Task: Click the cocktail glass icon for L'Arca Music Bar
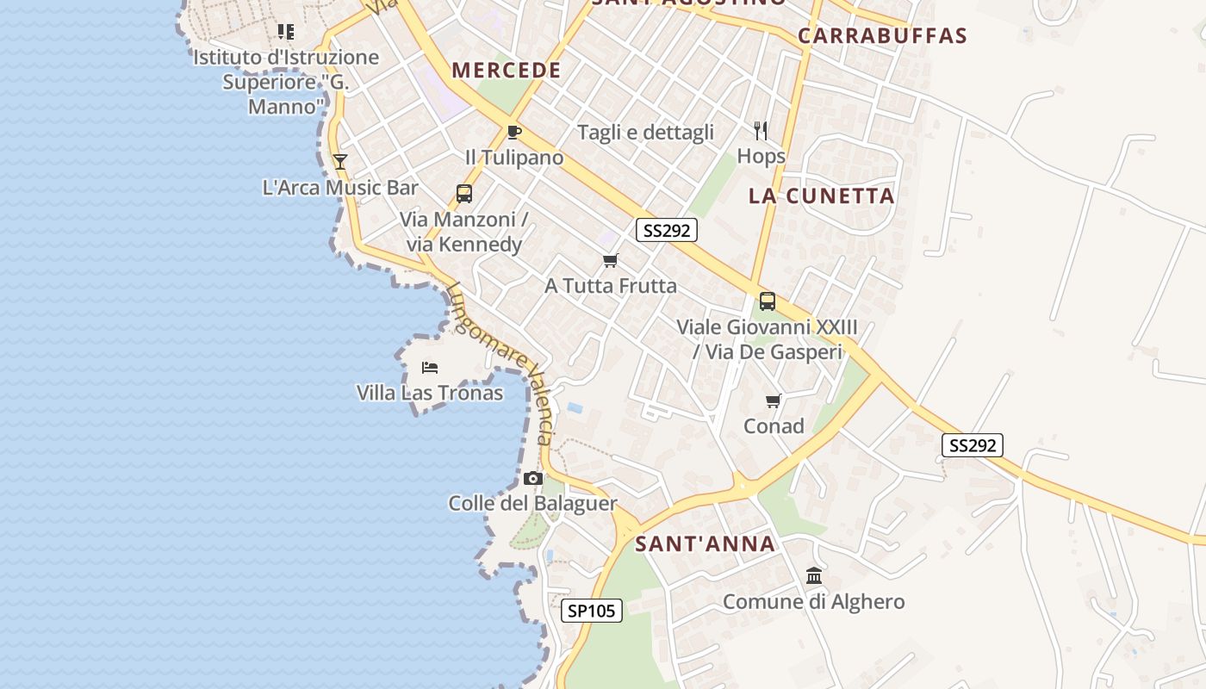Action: click(x=340, y=161)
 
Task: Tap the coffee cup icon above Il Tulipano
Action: click(x=514, y=132)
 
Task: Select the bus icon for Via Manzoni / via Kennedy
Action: click(x=464, y=194)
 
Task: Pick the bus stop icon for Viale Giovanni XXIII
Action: click(x=767, y=301)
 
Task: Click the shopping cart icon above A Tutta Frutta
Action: click(x=611, y=260)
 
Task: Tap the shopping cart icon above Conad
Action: click(x=774, y=400)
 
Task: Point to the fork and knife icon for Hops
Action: click(x=761, y=131)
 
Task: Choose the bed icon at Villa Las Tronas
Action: click(x=430, y=368)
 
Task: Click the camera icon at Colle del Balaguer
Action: click(x=533, y=478)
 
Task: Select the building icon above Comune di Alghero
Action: click(x=814, y=575)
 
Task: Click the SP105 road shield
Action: click(x=592, y=611)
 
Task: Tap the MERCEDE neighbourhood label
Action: click(x=507, y=71)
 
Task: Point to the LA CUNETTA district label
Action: click(x=822, y=196)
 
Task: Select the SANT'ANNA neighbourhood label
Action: click(x=706, y=544)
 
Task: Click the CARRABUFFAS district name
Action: click(x=882, y=35)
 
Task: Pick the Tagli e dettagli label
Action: click(x=645, y=132)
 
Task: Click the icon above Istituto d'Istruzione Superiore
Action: click(x=286, y=32)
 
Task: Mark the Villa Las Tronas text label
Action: click(x=430, y=393)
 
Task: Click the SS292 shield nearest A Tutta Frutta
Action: click(x=667, y=230)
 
